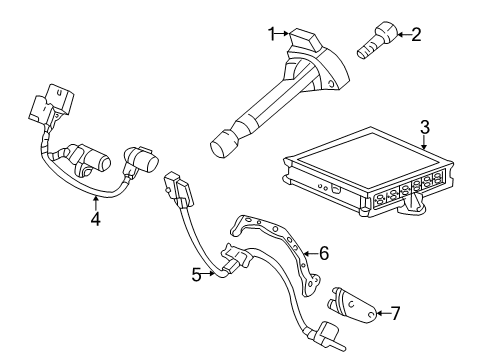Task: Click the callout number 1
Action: (270, 34)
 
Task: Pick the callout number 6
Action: (323, 254)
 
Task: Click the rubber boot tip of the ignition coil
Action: (222, 146)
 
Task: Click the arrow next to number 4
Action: (95, 199)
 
